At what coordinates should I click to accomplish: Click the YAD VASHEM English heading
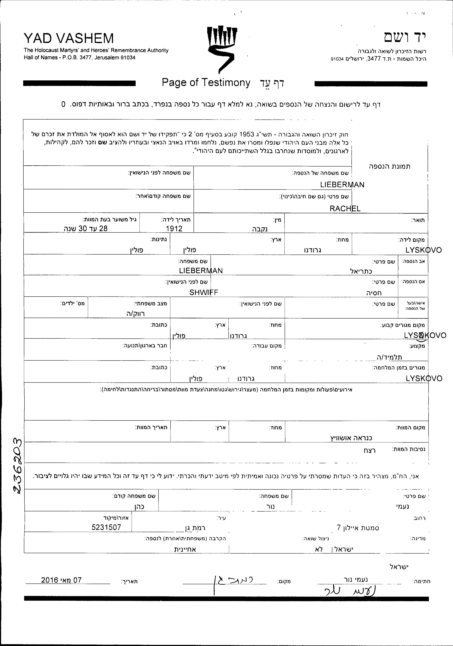pyautogui.click(x=69, y=38)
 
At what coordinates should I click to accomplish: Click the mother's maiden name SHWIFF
pyautogui.click(x=204, y=292)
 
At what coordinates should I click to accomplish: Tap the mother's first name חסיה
pyautogui.click(x=374, y=293)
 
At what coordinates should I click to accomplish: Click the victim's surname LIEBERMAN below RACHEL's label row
pyautogui.click(x=342, y=185)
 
